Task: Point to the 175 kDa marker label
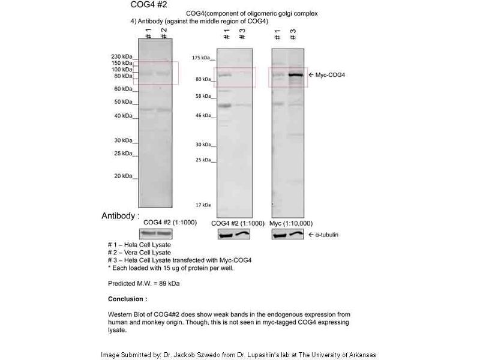pyautogui.click(x=200, y=58)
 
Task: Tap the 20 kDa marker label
pyautogui.click(x=123, y=176)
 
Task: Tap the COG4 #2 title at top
pyautogui.click(x=149, y=5)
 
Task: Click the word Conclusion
pyautogui.click(x=127, y=299)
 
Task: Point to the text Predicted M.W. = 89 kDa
pyautogui.click(x=144, y=283)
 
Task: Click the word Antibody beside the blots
pyautogui.click(x=120, y=215)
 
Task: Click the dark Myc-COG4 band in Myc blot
pyautogui.click(x=295, y=75)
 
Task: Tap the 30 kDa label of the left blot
pyautogui.click(x=123, y=140)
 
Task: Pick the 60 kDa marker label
pyautogui.click(x=123, y=89)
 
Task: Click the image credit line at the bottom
pyautogui.click(x=238, y=354)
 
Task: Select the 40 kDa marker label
pyautogui.click(x=123, y=115)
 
